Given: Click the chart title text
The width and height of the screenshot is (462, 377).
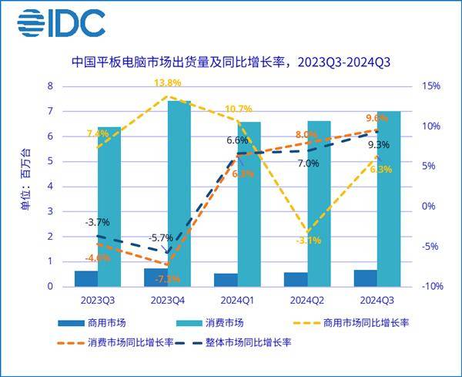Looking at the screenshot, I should [231, 62].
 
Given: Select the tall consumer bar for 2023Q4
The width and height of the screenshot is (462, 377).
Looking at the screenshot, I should [179, 193].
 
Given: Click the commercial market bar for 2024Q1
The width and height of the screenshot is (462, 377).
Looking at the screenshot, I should [226, 280].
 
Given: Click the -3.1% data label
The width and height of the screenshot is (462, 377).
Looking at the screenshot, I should [307, 241].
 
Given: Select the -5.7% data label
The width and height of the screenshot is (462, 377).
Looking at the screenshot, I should [162, 237].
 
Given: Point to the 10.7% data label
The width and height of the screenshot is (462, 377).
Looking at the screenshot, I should [239, 109].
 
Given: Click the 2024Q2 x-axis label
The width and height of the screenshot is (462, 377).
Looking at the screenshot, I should [307, 298].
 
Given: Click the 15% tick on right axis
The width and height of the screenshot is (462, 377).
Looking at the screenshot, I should [430, 86].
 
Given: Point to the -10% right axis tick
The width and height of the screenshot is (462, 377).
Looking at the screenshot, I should [430, 286].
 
